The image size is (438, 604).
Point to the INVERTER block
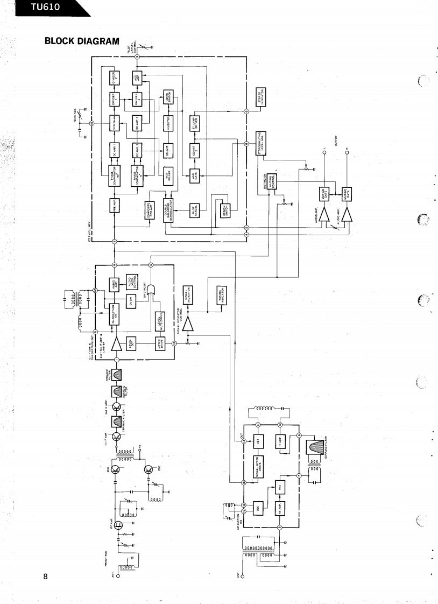tap(168, 123)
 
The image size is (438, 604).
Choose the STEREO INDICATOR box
tap(262, 94)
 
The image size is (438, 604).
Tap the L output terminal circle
tap(324, 152)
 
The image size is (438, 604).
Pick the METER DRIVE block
tap(160, 343)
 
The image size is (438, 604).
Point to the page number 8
tap(46, 577)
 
